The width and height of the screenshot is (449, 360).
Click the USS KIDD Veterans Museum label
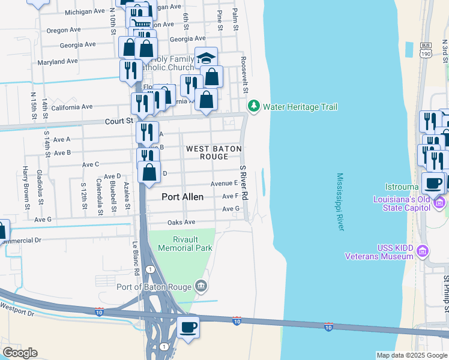click(381, 252)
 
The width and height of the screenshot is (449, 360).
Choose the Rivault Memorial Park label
click(181, 242)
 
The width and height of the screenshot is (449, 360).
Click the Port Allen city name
click(182, 197)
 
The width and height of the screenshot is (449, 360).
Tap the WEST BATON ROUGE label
click(214, 152)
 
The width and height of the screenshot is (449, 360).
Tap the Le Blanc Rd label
click(136, 258)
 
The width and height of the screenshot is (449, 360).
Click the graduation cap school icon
click(206, 58)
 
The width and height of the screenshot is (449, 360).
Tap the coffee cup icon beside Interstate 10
click(188, 327)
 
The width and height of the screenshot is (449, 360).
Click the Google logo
click(20, 353)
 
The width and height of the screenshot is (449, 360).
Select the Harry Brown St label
click(25, 188)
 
